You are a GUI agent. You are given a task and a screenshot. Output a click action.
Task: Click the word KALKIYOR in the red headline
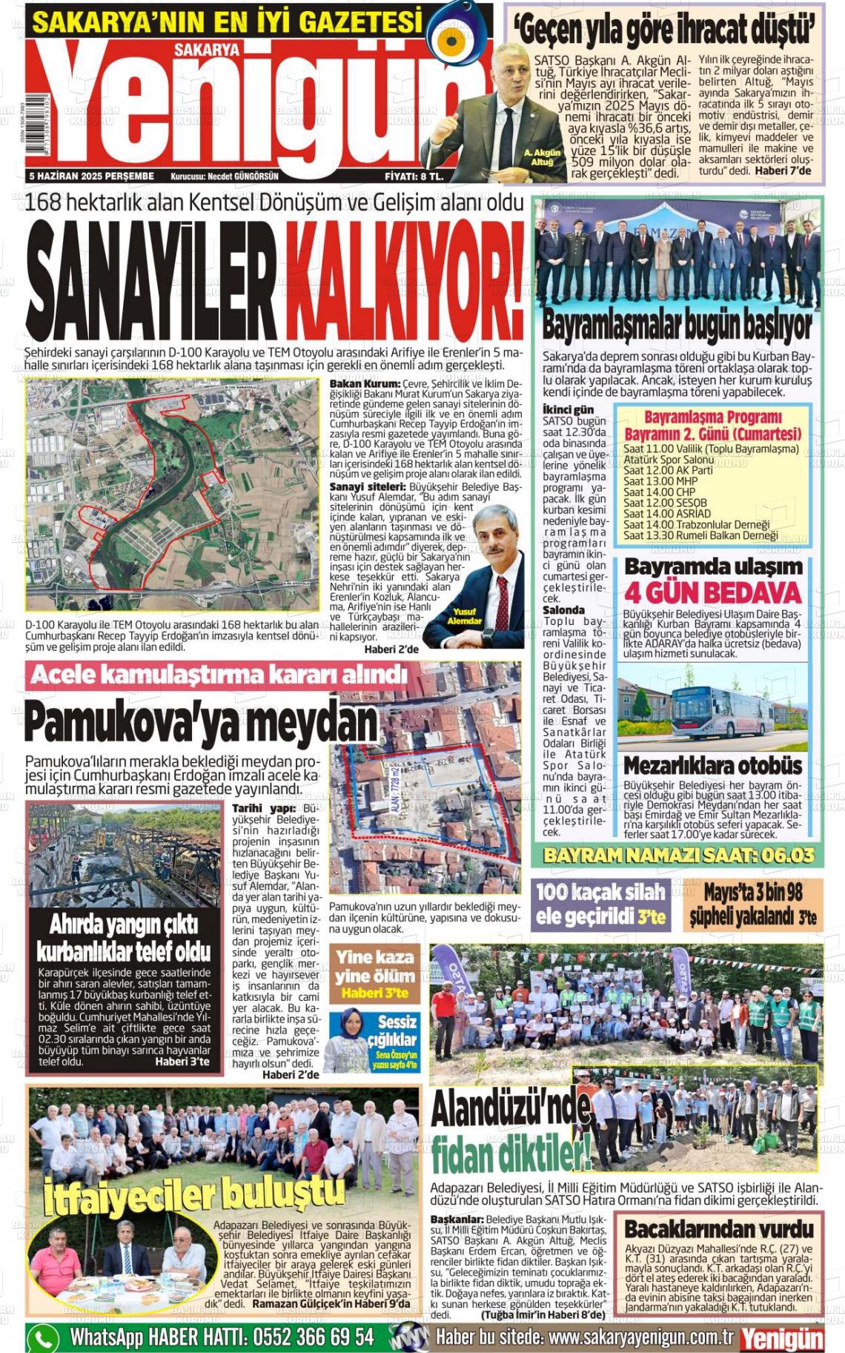pos(404,280)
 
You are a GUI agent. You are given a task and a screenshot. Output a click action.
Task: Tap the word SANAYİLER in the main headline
pos(152,280)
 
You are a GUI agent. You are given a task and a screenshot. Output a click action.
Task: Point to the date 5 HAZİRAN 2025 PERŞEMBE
pos(91,176)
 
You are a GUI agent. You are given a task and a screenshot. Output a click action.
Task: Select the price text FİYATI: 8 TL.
pos(414,176)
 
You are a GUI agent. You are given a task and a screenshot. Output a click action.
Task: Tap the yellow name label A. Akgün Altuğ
pos(542,156)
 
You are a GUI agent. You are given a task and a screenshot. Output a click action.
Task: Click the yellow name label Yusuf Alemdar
pos(464,616)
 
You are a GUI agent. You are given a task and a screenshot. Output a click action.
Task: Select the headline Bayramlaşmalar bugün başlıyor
pos(677,325)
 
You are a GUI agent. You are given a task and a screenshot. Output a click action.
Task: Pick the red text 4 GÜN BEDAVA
pos(713,592)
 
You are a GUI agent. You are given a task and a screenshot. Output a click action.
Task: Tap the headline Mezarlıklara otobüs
pos(712,765)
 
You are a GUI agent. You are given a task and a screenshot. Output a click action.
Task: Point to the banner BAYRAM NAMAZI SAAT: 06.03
pos(678,855)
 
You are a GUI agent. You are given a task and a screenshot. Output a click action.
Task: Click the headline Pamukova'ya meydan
pos(201,722)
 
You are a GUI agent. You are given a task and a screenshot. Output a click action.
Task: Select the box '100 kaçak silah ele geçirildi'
pos(601,904)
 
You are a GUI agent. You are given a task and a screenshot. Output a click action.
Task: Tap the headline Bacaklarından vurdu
pos(718,1228)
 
